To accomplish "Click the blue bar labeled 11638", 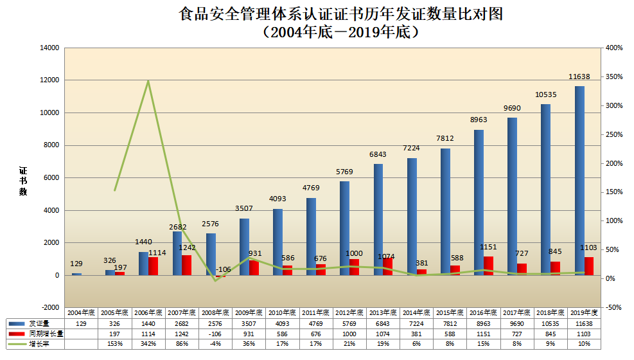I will (x=579, y=180).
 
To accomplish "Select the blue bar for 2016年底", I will (x=479, y=203).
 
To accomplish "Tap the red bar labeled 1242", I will (x=186, y=265).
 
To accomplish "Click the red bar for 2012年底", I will (x=354, y=267).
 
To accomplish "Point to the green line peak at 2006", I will (x=148, y=81).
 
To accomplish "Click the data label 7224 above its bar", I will (x=412, y=148).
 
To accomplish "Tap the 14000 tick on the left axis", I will (x=49, y=48).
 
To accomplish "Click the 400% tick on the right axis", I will (x=614, y=48).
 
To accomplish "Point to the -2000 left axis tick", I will (x=50, y=307).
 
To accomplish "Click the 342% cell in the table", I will (x=148, y=345).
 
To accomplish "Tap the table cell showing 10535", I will (x=550, y=323).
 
